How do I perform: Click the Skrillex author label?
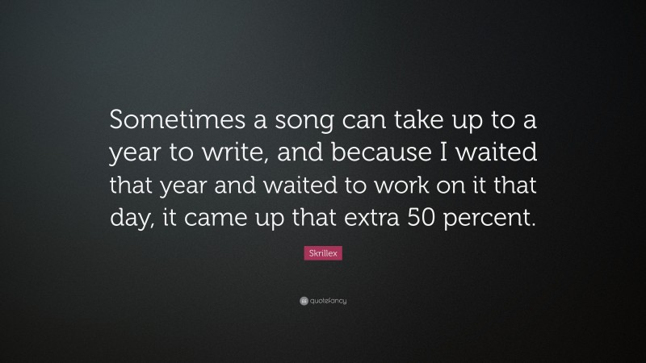click(323, 253)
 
